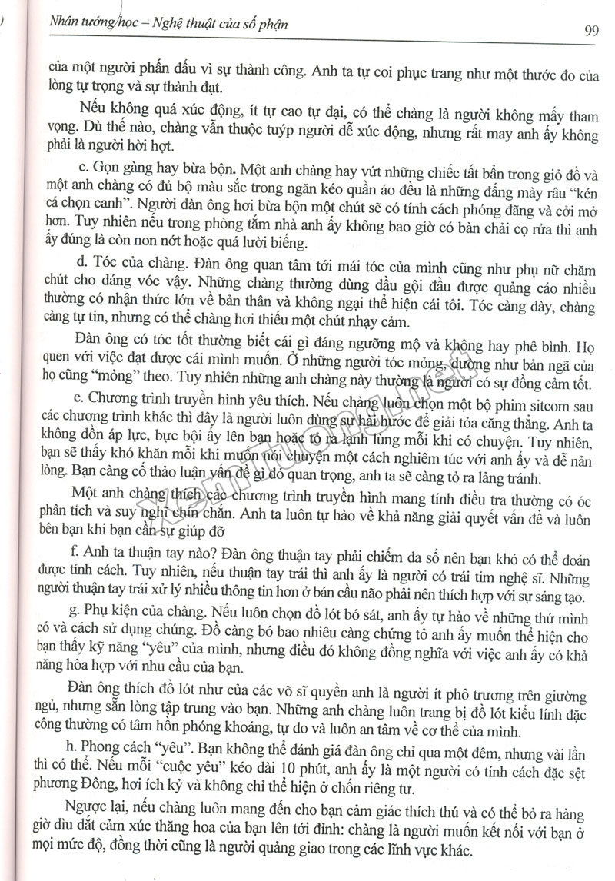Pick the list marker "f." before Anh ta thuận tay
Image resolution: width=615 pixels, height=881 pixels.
pos(82,553)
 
